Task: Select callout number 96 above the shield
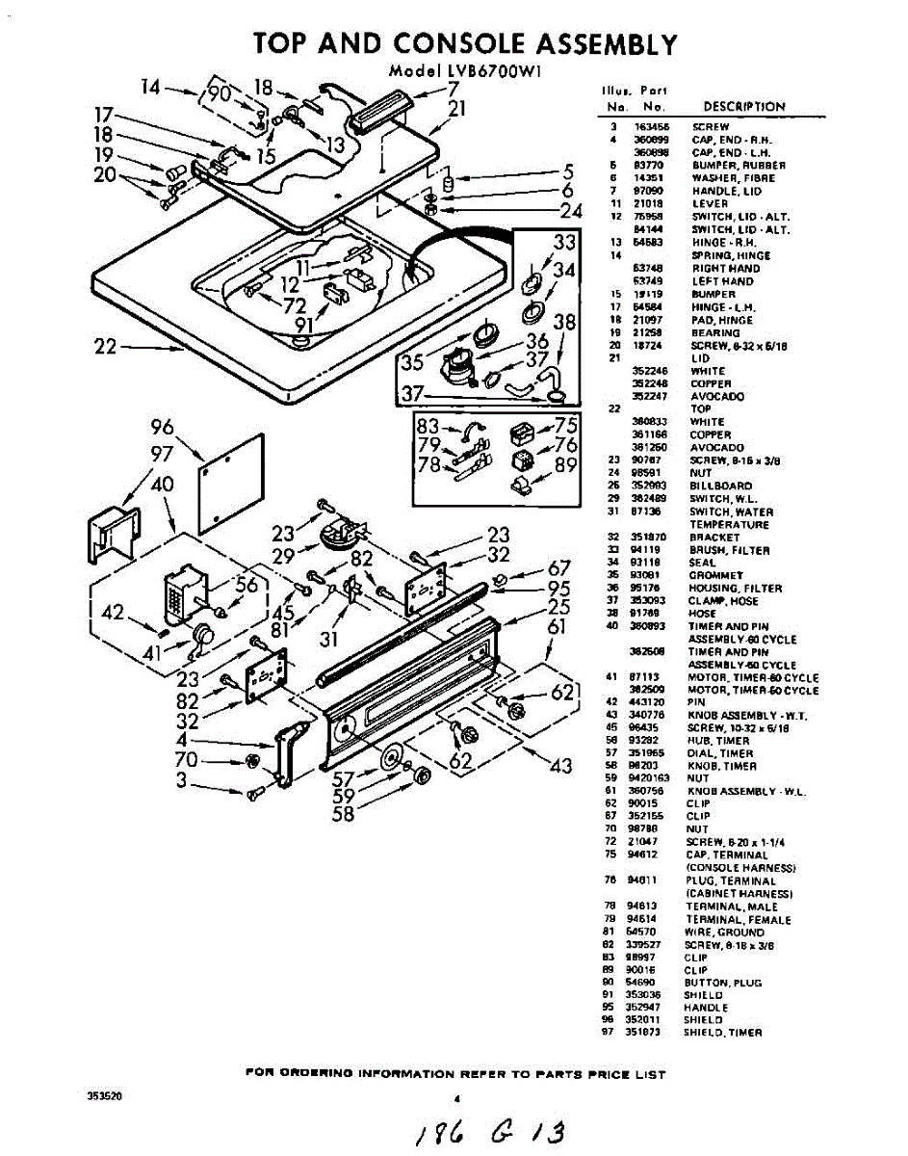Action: (163, 427)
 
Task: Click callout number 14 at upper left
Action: (153, 88)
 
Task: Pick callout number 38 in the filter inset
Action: (564, 323)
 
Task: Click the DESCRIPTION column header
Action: (743, 107)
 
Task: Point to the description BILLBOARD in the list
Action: (720, 486)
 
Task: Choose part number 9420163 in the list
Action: (650, 778)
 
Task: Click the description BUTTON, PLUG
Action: (722, 983)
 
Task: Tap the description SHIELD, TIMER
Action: (722, 1033)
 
